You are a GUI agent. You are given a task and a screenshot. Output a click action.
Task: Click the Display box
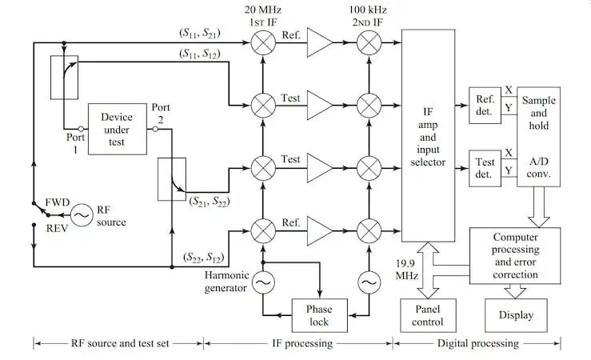coord(516,314)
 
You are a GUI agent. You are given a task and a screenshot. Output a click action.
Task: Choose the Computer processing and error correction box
coord(516,255)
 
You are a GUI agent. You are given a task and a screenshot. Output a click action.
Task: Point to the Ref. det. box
coord(485,105)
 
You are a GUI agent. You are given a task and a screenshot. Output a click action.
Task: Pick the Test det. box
coord(485,168)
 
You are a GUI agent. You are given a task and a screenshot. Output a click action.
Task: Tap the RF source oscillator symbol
coord(81,214)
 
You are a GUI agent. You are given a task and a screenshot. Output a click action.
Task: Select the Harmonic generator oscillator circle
coord(262,282)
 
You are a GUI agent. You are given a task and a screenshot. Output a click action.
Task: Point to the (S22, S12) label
coord(200,256)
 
